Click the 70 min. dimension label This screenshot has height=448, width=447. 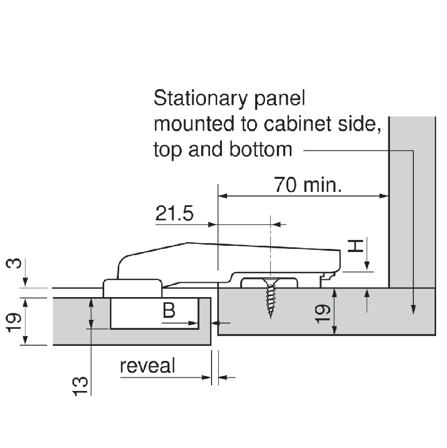(x=308, y=185)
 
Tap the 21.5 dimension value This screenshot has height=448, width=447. (x=174, y=213)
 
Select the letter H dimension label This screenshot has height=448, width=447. (x=355, y=246)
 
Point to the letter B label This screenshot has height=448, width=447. (x=169, y=310)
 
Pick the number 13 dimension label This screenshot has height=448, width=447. (x=80, y=386)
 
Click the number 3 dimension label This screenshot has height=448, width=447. (x=13, y=263)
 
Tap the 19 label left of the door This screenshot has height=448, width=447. (x=13, y=323)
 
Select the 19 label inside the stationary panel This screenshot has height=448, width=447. (x=323, y=314)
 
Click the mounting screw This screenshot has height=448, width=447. (x=271, y=298)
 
